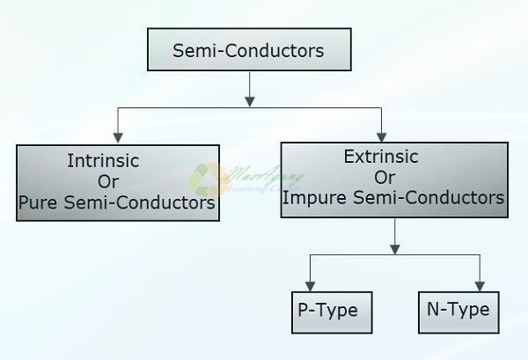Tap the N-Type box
pyautogui.click(x=453, y=311)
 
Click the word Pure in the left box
pyautogui.click(x=37, y=204)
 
